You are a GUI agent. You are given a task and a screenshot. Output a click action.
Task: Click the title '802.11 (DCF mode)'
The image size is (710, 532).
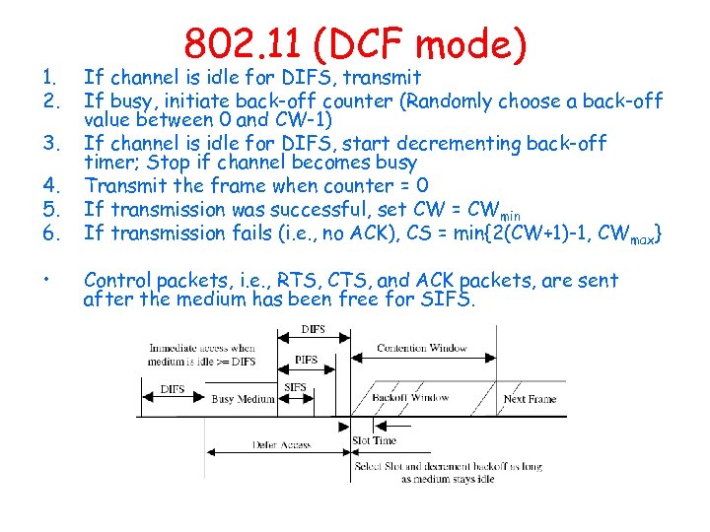click(355, 44)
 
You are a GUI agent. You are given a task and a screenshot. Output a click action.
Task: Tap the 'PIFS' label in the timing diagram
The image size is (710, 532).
click(307, 360)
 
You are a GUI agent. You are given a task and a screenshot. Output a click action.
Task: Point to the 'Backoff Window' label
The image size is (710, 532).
click(410, 398)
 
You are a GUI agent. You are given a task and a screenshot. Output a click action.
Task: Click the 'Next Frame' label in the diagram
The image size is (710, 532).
click(530, 399)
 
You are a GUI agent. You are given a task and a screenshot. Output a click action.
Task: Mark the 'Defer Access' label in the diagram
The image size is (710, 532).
click(281, 445)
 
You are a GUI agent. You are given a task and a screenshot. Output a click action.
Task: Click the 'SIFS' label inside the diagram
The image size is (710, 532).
click(295, 388)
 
